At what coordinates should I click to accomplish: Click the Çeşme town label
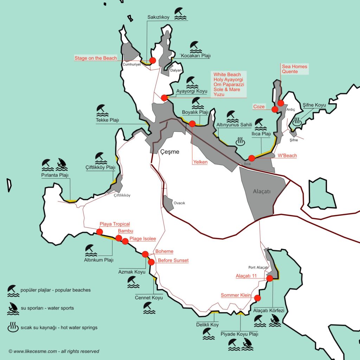point(170,152)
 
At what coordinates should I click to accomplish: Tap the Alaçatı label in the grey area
point(262,192)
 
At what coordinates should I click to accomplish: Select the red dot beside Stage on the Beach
point(153,60)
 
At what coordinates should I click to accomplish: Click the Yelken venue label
point(200,162)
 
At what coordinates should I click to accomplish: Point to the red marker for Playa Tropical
point(99,232)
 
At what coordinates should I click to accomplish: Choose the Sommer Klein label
point(236,295)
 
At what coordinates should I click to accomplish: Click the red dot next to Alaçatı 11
point(270,278)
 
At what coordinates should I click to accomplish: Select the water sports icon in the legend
point(13,308)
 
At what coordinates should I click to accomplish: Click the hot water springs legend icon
point(13,327)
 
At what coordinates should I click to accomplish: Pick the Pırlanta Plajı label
point(54,175)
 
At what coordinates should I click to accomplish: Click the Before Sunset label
point(173,261)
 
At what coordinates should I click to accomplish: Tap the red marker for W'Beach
point(251,158)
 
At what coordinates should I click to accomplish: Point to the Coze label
point(259,107)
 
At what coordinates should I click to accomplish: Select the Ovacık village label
point(179,203)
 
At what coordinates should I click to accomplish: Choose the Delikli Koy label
point(207,324)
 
